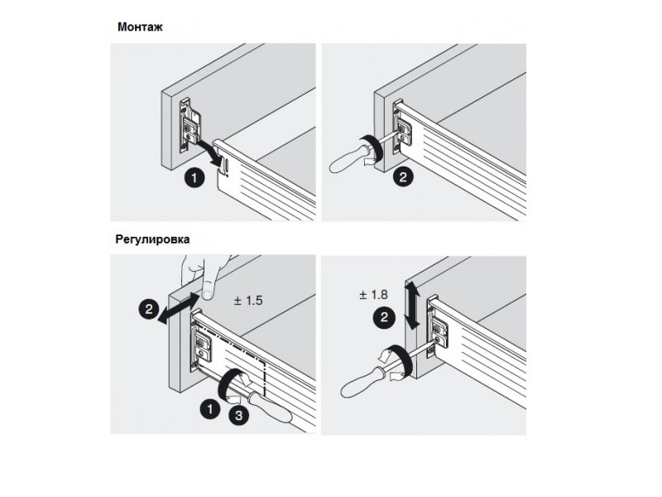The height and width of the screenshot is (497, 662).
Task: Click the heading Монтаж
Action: [x=140, y=27]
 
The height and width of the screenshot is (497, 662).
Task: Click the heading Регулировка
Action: [x=152, y=239]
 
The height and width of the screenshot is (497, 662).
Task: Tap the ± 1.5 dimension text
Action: [x=247, y=301]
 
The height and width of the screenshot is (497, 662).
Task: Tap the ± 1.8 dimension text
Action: [x=373, y=295]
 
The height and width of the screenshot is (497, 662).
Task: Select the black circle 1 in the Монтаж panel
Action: [x=194, y=177]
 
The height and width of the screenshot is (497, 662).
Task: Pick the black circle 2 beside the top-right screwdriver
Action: [x=403, y=176]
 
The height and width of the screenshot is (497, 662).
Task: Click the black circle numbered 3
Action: [x=238, y=416]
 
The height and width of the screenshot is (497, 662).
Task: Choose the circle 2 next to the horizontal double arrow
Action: [x=149, y=309]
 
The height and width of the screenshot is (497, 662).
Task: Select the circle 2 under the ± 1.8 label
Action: [x=384, y=317]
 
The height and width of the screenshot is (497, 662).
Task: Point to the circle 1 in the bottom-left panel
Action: [x=210, y=409]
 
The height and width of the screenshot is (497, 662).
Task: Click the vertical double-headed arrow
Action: [x=412, y=306]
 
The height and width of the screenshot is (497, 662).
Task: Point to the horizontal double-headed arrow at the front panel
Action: [x=179, y=307]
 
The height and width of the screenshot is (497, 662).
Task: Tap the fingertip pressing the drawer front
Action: [x=207, y=293]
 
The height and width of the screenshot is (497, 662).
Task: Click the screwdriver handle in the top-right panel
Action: [x=348, y=159]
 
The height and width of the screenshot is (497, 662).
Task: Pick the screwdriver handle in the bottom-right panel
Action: [x=362, y=383]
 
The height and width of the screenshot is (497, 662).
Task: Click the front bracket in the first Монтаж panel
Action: [x=189, y=126]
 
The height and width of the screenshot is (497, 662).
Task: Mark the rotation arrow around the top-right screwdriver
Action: [x=371, y=151]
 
